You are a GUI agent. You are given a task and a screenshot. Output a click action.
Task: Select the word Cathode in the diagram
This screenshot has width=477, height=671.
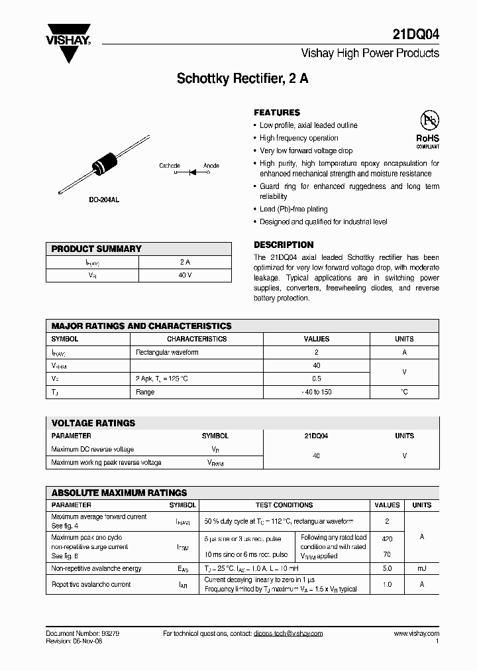[x=169, y=166]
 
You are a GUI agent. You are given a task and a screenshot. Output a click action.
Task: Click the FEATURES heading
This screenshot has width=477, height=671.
[x=277, y=113]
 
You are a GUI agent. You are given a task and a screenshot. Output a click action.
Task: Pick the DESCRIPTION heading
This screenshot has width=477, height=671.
[x=284, y=245]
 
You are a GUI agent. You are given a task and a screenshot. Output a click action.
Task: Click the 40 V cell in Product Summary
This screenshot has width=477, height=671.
[x=185, y=275]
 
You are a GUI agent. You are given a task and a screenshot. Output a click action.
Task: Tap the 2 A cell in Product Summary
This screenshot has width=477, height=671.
[x=185, y=263]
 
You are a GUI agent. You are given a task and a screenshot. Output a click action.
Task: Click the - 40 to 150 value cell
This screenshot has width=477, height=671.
[x=317, y=392]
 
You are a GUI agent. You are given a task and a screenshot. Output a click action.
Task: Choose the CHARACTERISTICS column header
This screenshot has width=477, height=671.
[x=197, y=339]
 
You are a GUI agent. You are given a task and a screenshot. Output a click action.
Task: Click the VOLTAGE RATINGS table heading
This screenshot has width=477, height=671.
[x=93, y=423]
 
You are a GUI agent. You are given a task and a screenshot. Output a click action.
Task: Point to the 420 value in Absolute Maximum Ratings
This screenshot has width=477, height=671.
[x=388, y=540]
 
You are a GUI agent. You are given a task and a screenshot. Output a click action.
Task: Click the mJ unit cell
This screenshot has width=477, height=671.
[x=422, y=568]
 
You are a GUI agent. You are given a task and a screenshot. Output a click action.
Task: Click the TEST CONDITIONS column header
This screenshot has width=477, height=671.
[x=284, y=505]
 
